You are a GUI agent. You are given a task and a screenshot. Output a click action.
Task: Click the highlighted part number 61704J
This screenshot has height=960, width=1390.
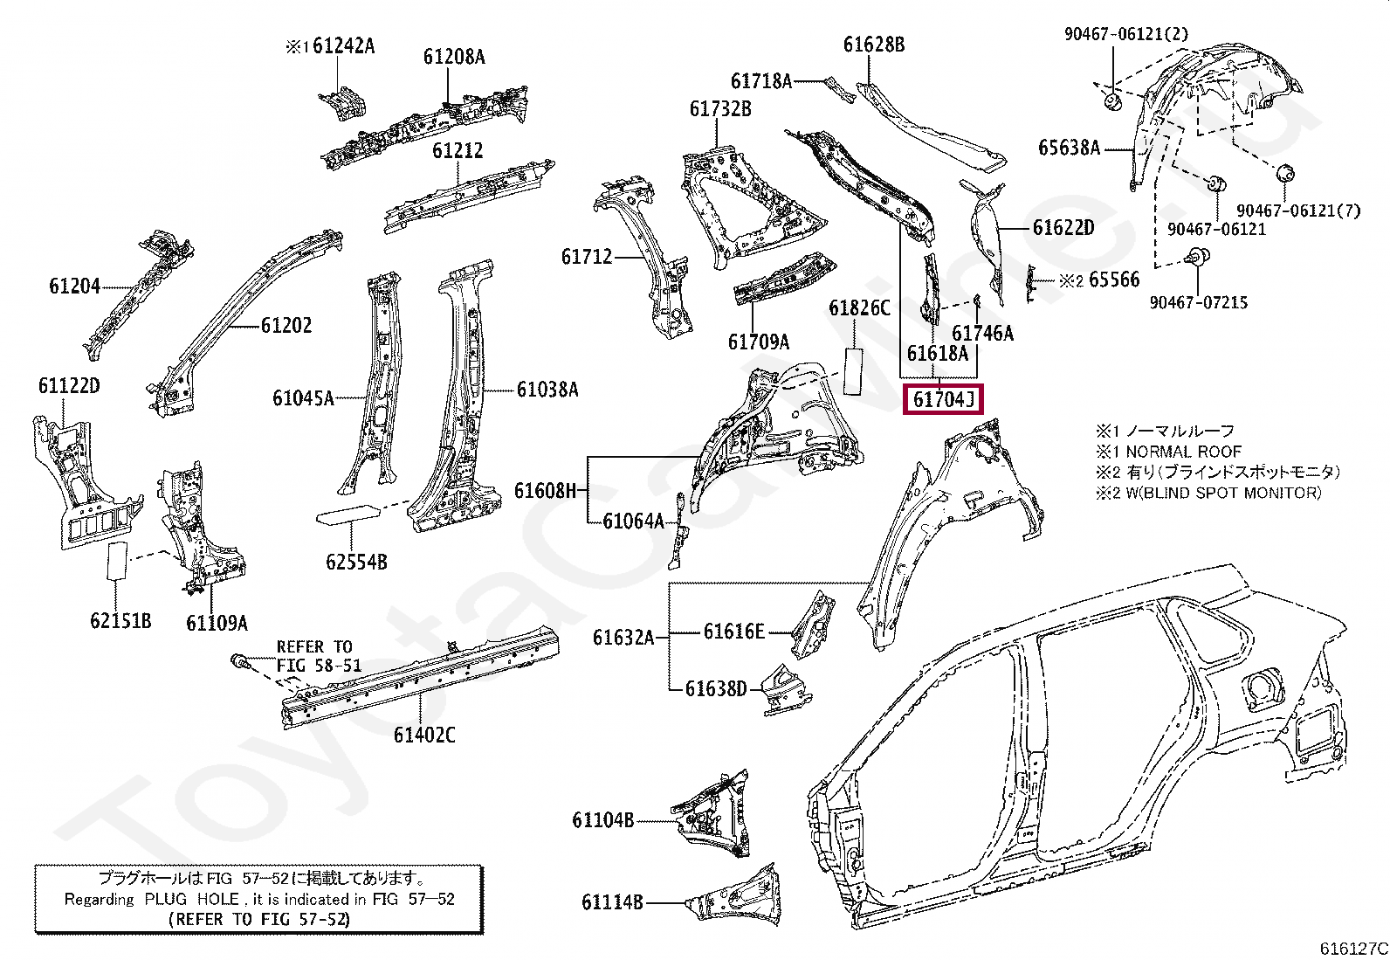943,398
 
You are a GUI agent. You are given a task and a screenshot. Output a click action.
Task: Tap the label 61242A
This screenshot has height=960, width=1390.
343,45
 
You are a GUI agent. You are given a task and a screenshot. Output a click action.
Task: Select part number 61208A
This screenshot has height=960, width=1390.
454,57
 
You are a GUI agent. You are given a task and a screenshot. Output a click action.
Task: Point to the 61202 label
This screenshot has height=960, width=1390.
286,325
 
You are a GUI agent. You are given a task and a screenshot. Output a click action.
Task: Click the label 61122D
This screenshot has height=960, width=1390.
69,385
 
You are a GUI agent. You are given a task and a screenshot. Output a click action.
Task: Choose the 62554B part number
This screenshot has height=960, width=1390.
356,562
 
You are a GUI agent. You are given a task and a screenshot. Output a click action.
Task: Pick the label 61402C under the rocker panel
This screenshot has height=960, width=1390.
424,735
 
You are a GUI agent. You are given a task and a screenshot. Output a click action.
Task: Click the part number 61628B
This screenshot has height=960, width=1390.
874,44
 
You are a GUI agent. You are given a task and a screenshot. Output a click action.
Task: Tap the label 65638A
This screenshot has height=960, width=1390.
1070,148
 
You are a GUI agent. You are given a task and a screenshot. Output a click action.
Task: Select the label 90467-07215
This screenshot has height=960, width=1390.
1198,302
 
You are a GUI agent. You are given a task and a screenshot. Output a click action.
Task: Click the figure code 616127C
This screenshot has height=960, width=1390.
1354,948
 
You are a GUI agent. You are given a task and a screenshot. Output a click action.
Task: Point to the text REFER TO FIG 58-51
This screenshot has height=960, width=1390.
319,656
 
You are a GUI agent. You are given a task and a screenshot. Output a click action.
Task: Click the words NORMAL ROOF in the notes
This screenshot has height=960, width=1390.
1183,452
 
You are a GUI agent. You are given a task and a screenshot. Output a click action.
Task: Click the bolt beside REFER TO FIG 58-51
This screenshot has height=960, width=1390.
240,662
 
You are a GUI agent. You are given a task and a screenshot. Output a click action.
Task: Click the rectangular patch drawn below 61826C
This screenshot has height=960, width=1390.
854,371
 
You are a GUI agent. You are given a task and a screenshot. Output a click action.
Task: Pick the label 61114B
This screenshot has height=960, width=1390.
612,901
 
